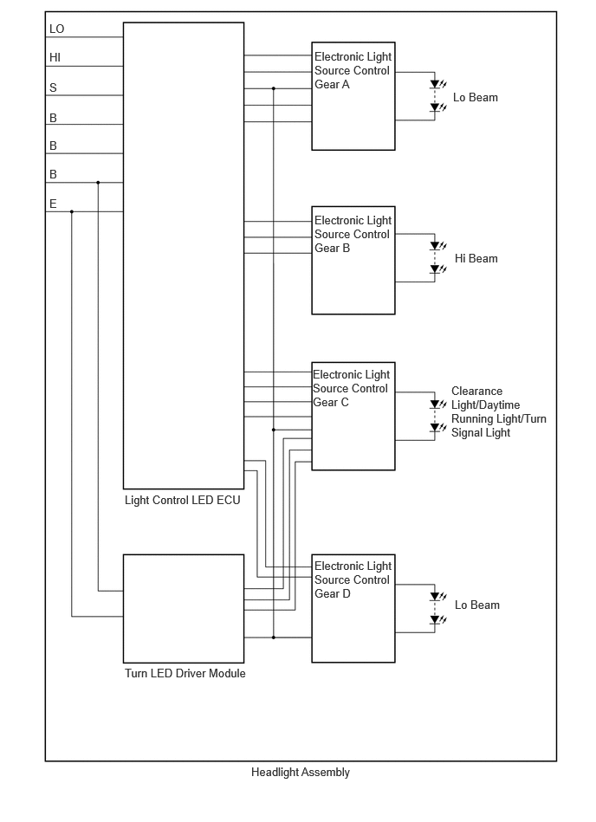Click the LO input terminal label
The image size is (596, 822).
tap(56, 29)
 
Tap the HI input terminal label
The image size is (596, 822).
tap(55, 58)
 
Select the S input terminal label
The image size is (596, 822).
tap(53, 87)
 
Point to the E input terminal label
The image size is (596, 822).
tap(53, 204)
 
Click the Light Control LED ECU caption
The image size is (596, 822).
tap(183, 500)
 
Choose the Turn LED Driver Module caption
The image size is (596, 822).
tap(185, 673)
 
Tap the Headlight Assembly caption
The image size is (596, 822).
tap(301, 773)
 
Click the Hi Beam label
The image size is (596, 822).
tap(476, 258)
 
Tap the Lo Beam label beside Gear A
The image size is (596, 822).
tap(476, 98)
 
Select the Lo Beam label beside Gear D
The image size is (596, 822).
tap(477, 605)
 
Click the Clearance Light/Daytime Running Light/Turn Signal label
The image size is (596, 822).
tap(498, 412)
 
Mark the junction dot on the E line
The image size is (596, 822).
tap(72, 212)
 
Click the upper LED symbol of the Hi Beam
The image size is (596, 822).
tap(437, 245)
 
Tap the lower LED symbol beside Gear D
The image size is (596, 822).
tap(437, 619)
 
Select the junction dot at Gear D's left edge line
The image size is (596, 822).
tap(273, 638)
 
